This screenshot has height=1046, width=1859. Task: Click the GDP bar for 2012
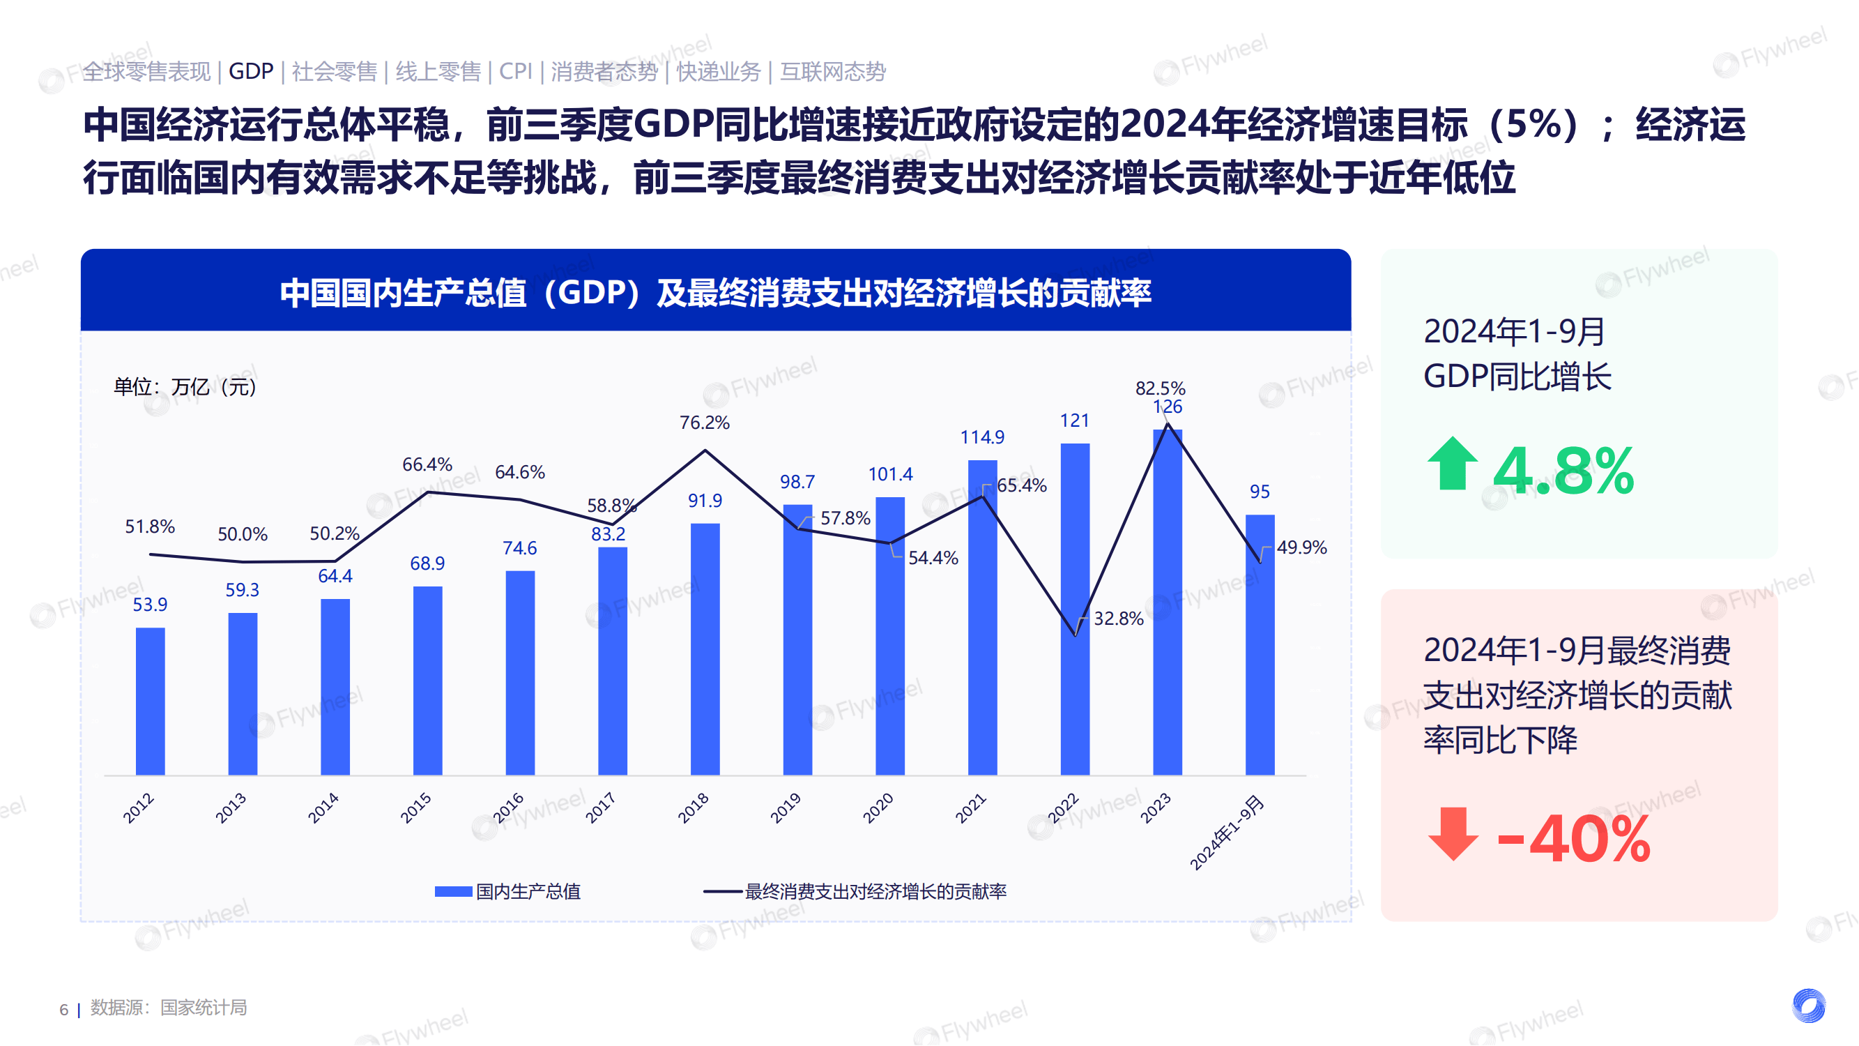pyautogui.click(x=150, y=701)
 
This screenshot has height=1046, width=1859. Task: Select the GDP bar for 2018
pyautogui.click(x=705, y=649)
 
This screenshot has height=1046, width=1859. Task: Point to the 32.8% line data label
pyautogui.click(x=1118, y=619)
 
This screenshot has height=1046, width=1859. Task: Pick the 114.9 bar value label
pyautogui.click(x=981, y=437)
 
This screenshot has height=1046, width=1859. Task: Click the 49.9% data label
pyautogui.click(x=1301, y=548)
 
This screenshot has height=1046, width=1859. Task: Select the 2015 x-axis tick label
pyautogui.click(x=416, y=808)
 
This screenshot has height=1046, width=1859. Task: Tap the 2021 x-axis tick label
pyautogui.click(x=971, y=808)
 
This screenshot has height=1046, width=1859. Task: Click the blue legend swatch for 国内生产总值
pyautogui.click(x=453, y=891)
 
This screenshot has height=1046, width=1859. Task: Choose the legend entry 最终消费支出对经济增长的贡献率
pyautogui.click(x=875, y=891)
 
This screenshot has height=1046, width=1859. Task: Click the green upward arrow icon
pyautogui.click(x=1452, y=464)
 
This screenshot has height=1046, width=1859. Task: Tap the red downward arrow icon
pyautogui.click(x=1452, y=834)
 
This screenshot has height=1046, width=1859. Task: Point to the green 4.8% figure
pyautogui.click(x=1562, y=471)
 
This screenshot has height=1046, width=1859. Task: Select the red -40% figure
pyautogui.click(x=1574, y=839)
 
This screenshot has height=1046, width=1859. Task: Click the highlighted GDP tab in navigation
pyautogui.click(x=250, y=71)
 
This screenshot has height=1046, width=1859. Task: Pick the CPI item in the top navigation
pyautogui.click(x=515, y=71)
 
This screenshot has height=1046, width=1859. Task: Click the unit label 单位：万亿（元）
pyautogui.click(x=185, y=387)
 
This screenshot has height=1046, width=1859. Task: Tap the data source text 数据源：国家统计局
pyautogui.click(x=168, y=1007)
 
